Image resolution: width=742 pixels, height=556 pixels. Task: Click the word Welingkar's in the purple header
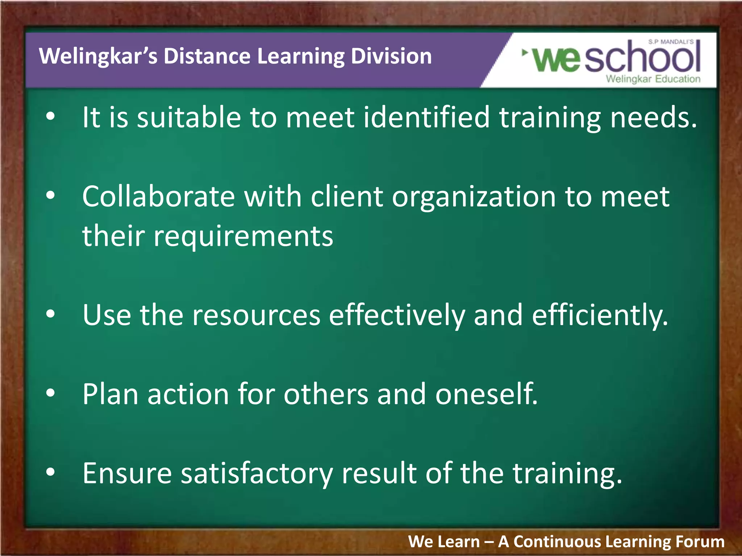click(98, 56)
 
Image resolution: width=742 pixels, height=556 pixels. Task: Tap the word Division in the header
click(391, 56)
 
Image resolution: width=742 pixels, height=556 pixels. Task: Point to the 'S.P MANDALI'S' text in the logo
click(671, 42)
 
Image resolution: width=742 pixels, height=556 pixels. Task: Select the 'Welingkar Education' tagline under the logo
click(653, 79)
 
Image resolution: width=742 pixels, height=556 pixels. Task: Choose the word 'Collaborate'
click(159, 197)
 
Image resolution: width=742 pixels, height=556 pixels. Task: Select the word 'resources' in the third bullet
click(256, 315)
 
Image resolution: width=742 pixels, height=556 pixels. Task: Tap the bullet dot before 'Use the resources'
click(51, 314)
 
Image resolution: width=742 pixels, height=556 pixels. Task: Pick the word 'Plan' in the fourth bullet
click(110, 394)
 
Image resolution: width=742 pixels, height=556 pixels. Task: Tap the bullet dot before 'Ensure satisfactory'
click(51, 472)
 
